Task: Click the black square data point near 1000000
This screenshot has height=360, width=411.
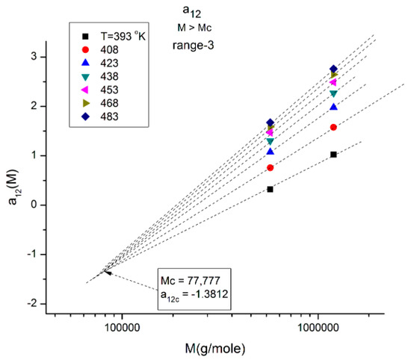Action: pyautogui.click(x=333, y=155)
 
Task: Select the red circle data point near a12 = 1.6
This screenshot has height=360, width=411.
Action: pyautogui.click(x=333, y=128)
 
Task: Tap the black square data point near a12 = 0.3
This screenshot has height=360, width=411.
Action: pyautogui.click(x=270, y=189)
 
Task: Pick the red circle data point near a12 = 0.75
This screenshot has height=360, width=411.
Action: pyautogui.click(x=270, y=168)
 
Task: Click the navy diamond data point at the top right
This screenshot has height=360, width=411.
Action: pyautogui.click(x=333, y=69)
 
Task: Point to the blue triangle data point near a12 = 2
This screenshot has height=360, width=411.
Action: pyautogui.click(x=333, y=108)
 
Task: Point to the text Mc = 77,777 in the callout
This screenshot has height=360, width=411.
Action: pyautogui.click(x=188, y=280)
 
